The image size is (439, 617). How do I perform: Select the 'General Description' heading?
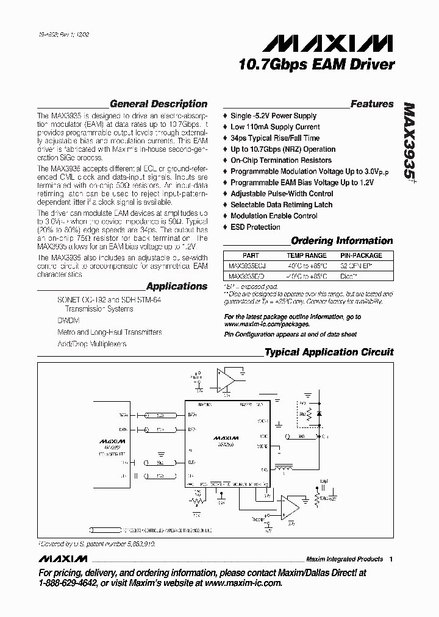click(x=159, y=104)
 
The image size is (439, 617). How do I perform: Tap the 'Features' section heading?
click(x=372, y=104)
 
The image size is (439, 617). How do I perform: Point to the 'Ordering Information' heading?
click(x=341, y=241)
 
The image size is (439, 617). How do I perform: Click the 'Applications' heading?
click(x=177, y=286)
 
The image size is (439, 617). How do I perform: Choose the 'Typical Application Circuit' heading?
click(x=329, y=352)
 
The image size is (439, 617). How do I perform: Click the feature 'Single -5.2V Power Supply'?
click(x=273, y=116)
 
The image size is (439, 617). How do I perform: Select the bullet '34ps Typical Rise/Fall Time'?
click(x=274, y=138)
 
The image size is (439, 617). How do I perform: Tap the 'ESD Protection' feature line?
click(x=255, y=227)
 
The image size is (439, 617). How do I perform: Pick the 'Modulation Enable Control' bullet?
click(x=274, y=216)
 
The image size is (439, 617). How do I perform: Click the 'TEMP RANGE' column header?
click(x=307, y=255)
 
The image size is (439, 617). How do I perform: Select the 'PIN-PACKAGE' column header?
click(x=361, y=255)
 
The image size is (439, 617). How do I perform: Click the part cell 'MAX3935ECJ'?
click(x=247, y=266)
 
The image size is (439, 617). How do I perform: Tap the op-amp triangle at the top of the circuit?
click(x=226, y=380)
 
